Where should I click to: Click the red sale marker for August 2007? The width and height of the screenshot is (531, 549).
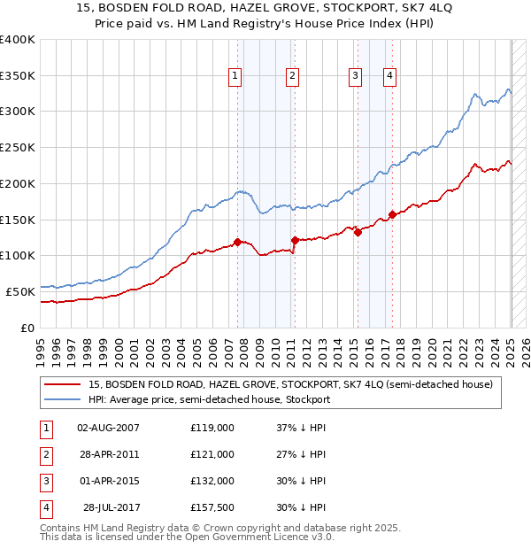(237, 242)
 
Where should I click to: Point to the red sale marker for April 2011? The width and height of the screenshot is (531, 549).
(295, 239)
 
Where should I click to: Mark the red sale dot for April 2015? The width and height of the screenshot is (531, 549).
(358, 233)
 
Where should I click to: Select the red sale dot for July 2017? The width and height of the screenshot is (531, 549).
(392, 214)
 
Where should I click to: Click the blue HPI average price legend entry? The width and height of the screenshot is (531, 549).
(209, 399)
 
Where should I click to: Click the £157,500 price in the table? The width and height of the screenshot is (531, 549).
(212, 507)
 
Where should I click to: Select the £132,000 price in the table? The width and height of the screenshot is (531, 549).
(212, 481)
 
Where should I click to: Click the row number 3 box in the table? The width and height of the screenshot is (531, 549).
(44, 481)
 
